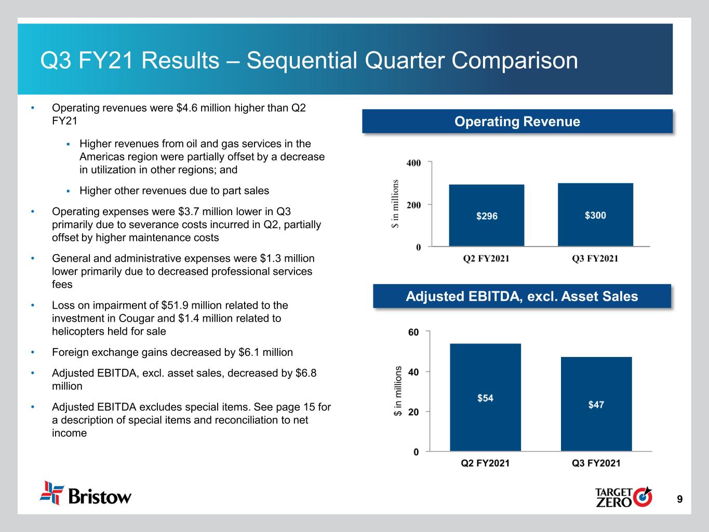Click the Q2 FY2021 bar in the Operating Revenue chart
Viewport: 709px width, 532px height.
coord(487,215)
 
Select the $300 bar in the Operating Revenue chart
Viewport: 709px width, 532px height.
coord(595,215)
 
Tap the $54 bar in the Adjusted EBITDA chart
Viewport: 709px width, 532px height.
coord(485,397)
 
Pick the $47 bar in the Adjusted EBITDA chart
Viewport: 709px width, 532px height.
coord(596,404)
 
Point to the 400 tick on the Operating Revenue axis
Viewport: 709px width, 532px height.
coord(413,163)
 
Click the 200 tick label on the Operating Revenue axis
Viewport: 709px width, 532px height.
coord(413,205)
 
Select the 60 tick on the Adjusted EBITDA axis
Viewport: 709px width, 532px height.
coord(413,332)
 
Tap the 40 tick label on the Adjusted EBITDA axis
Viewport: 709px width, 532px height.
coord(413,372)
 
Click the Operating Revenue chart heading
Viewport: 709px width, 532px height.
coord(517,122)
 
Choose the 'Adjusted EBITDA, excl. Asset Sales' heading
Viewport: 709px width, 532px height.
coord(522,296)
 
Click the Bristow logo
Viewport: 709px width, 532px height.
coord(86,493)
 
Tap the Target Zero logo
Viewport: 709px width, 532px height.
coord(623,497)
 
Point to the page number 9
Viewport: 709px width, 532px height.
coord(679,499)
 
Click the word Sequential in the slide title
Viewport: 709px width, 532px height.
coord(302,60)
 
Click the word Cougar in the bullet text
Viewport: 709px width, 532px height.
coord(136,318)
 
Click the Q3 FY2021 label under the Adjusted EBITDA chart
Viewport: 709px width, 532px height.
coord(596,463)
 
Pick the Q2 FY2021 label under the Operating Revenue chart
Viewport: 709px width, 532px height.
coord(486,258)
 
